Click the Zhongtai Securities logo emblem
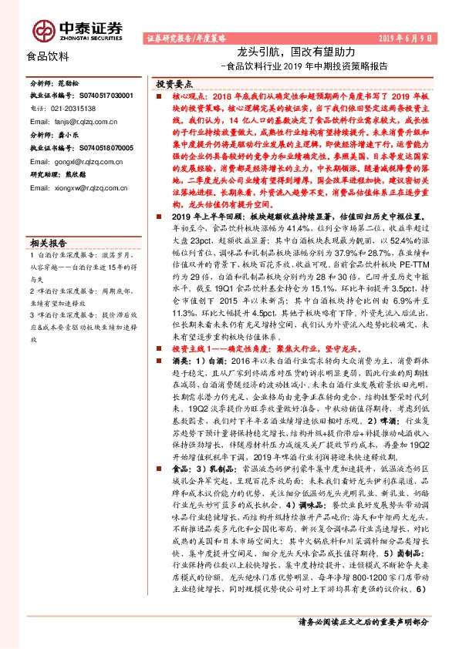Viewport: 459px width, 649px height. click(x=43, y=29)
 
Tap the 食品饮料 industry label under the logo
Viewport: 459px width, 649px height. click(x=48, y=56)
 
